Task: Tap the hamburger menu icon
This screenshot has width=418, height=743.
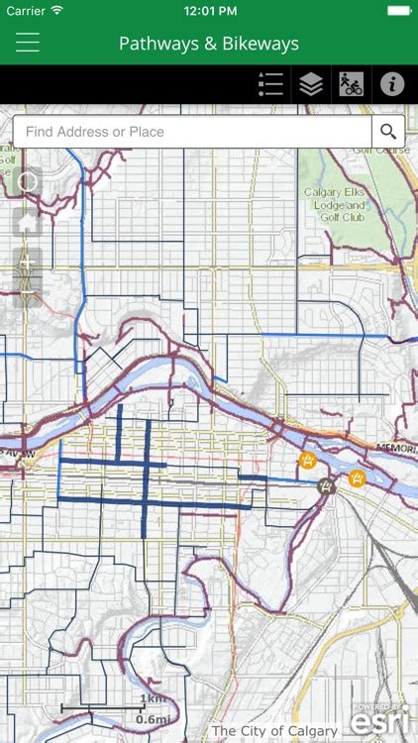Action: (27, 43)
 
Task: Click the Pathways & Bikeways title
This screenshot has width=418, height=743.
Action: (209, 44)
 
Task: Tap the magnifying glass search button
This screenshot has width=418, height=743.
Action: (387, 132)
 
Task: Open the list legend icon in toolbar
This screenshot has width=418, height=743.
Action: (270, 84)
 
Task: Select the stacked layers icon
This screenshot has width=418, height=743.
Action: (311, 84)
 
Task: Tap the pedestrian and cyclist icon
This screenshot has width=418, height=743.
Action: (351, 84)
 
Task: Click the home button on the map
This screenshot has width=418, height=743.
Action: (28, 223)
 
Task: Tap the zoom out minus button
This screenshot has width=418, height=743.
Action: (28, 288)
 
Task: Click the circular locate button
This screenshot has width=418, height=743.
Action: (28, 181)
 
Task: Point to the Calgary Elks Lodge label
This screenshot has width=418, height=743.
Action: (335, 205)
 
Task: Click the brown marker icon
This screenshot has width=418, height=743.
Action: (326, 486)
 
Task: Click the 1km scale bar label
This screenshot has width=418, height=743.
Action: (154, 698)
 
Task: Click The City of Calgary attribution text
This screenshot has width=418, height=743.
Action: (274, 731)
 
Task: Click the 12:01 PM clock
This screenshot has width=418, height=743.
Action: (208, 10)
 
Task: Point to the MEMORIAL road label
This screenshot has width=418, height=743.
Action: (395, 448)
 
